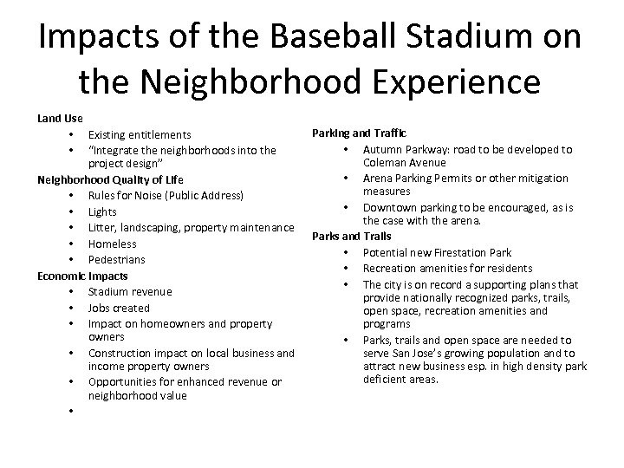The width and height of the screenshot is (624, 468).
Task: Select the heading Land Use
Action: [x=60, y=117]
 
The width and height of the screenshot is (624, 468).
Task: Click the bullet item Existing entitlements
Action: [x=140, y=134]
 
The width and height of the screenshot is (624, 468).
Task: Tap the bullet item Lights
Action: [x=102, y=211]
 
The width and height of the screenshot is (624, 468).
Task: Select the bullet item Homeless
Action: [x=113, y=244]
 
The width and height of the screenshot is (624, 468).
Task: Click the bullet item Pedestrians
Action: [x=117, y=259]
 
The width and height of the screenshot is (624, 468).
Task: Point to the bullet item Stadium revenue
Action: [x=130, y=292]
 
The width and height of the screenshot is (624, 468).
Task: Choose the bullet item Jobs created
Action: [x=119, y=308]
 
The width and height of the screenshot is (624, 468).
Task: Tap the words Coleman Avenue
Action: [x=405, y=162]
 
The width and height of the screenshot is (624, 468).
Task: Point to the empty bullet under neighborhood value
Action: [x=68, y=411]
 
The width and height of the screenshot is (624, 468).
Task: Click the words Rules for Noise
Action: [x=130, y=195]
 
